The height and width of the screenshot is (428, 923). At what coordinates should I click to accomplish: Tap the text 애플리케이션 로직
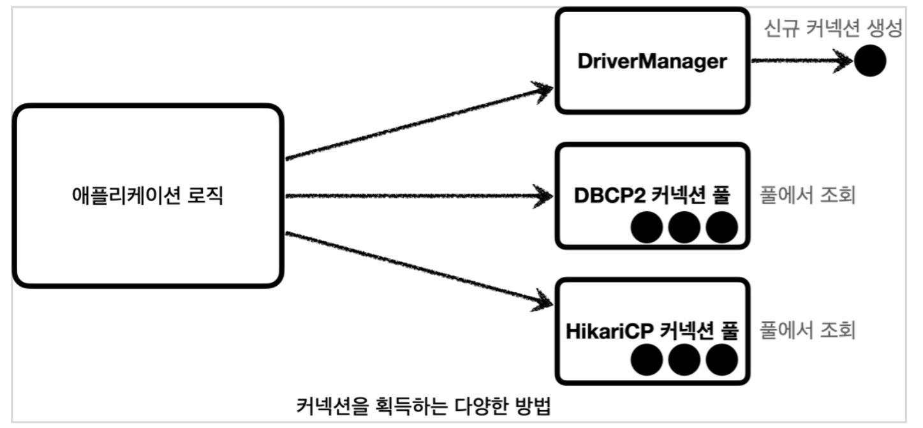(x=147, y=196)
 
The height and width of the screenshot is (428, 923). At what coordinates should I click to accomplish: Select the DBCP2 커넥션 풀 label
(x=651, y=196)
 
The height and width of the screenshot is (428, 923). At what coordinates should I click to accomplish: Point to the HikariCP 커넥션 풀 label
(x=651, y=331)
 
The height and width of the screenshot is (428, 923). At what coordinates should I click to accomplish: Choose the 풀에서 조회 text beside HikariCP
(x=807, y=331)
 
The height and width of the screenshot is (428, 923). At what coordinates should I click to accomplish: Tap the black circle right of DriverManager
(x=870, y=62)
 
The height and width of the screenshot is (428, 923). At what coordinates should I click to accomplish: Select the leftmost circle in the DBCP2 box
(x=647, y=228)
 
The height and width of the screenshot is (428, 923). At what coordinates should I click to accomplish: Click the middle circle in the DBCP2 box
(x=684, y=228)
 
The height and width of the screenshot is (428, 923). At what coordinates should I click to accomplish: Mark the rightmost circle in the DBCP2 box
(x=721, y=228)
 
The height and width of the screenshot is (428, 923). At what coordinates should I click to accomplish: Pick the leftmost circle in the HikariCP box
(x=647, y=360)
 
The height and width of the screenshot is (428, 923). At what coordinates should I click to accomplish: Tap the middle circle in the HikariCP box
(x=684, y=360)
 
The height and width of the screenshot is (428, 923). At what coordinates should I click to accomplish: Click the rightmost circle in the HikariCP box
(x=721, y=360)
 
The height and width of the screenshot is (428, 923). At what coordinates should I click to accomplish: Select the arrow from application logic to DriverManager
(x=418, y=124)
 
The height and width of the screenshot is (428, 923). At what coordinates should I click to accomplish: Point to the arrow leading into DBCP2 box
(x=418, y=196)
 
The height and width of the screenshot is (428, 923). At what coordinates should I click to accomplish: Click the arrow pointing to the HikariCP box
(x=418, y=267)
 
